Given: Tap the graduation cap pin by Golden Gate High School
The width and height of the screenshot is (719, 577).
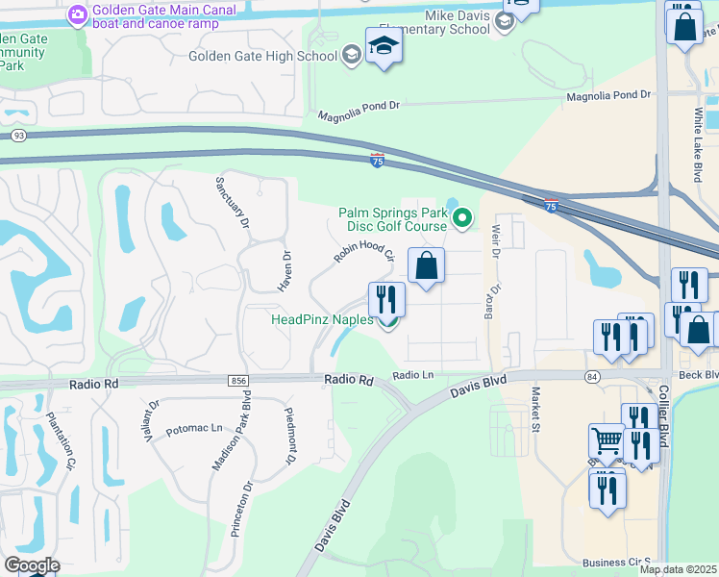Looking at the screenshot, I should pos(384,47).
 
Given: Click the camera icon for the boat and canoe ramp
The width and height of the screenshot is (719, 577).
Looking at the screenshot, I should pos(77,14).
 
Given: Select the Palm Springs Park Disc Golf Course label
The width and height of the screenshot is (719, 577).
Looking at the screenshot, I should pos(392,219).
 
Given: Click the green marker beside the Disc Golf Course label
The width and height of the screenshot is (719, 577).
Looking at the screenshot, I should pos(462,220).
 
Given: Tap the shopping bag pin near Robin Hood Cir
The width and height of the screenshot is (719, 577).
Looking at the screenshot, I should pos(426,265).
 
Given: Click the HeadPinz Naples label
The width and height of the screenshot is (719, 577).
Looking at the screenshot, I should pos(322,319).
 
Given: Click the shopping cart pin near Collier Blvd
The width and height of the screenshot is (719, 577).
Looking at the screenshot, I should pos(607,441).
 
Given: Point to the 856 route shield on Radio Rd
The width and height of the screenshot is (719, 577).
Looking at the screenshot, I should pos(238,381).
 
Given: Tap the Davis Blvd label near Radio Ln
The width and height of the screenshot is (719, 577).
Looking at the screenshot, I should pos(477,389).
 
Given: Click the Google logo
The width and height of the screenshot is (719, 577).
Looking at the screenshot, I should pos(32,565).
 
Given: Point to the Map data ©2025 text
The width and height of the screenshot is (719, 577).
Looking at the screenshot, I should pos(679,569).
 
